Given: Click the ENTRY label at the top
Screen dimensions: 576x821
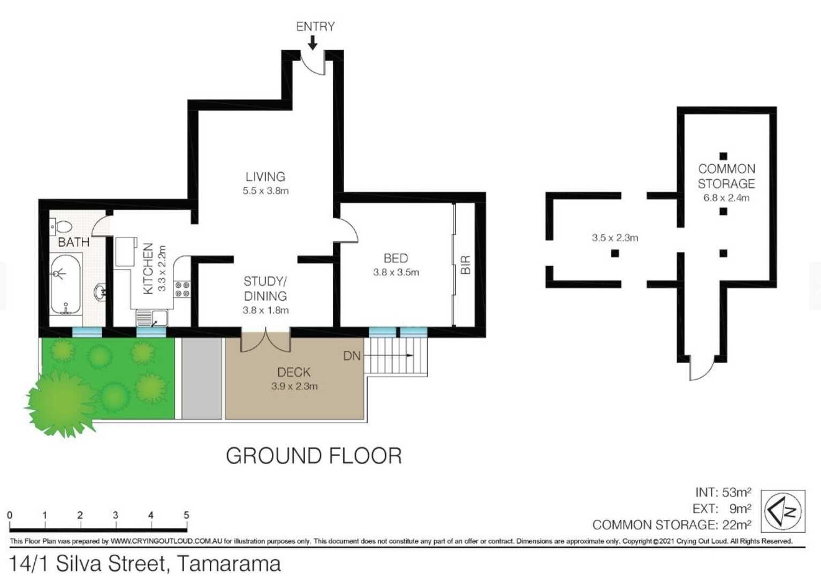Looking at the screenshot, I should click(x=315, y=26).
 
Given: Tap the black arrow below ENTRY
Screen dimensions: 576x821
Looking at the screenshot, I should click(x=313, y=42).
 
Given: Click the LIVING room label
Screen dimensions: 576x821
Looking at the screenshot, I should click(x=265, y=176).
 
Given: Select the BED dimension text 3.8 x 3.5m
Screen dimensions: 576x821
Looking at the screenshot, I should click(x=396, y=272).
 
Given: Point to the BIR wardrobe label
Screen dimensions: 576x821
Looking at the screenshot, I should click(x=465, y=265).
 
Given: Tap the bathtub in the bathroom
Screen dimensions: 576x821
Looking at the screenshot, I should click(x=65, y=284).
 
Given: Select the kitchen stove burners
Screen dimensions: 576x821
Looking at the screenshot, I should click(x=182, y=289).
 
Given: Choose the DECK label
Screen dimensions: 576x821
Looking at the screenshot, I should click(x=294, y=372).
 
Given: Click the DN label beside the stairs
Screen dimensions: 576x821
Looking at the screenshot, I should click(x=352, y=356).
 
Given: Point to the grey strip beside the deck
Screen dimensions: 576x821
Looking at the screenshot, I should click(x=202, y=378).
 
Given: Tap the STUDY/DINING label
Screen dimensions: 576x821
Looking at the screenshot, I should click(x=265, y=289).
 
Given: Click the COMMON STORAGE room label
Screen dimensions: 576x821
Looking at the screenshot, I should click(x=726, y=176).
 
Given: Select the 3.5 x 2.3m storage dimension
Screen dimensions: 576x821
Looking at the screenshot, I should click(x=615, y=238).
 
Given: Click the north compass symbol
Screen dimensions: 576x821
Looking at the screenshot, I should click(x=783, y=511).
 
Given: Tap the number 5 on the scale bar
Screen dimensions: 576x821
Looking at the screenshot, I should click(x=186, y=515).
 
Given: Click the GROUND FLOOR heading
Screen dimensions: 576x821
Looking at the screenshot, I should click(x=314, y=456).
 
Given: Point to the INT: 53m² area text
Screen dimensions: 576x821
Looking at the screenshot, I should click(x=723, y=492).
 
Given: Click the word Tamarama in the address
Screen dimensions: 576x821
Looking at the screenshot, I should click(x=229, y=564).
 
